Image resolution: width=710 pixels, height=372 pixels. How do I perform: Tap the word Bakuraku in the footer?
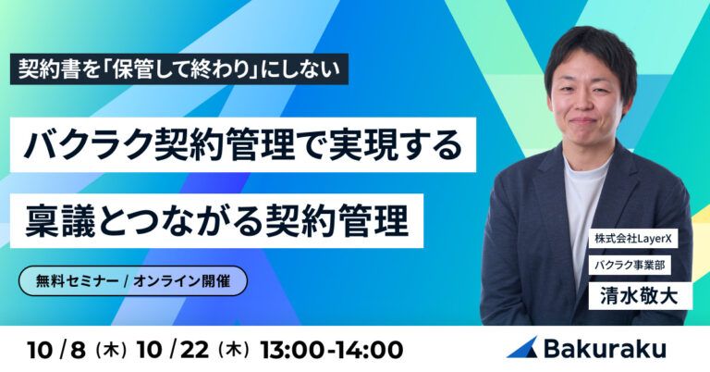(x=605, y=349)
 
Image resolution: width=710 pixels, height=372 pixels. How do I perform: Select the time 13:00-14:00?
(x=332, y=350)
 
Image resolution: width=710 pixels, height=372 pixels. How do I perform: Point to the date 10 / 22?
(x=173, y=350)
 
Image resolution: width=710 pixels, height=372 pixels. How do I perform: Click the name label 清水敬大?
(x=640, y=296)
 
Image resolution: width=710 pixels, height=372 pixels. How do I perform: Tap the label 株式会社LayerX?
(x=633, y=239)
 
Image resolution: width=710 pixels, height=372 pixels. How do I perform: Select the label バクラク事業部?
(x=630, y=265)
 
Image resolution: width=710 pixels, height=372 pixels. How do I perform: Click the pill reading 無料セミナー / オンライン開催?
(x=133, y=281)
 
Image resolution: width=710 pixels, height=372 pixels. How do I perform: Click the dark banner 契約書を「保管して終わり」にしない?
(x=179, y=68)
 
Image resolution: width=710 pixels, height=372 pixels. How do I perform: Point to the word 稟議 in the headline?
(x=60, y=220)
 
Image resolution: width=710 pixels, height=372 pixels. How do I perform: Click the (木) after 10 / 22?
(x=233, y=351)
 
